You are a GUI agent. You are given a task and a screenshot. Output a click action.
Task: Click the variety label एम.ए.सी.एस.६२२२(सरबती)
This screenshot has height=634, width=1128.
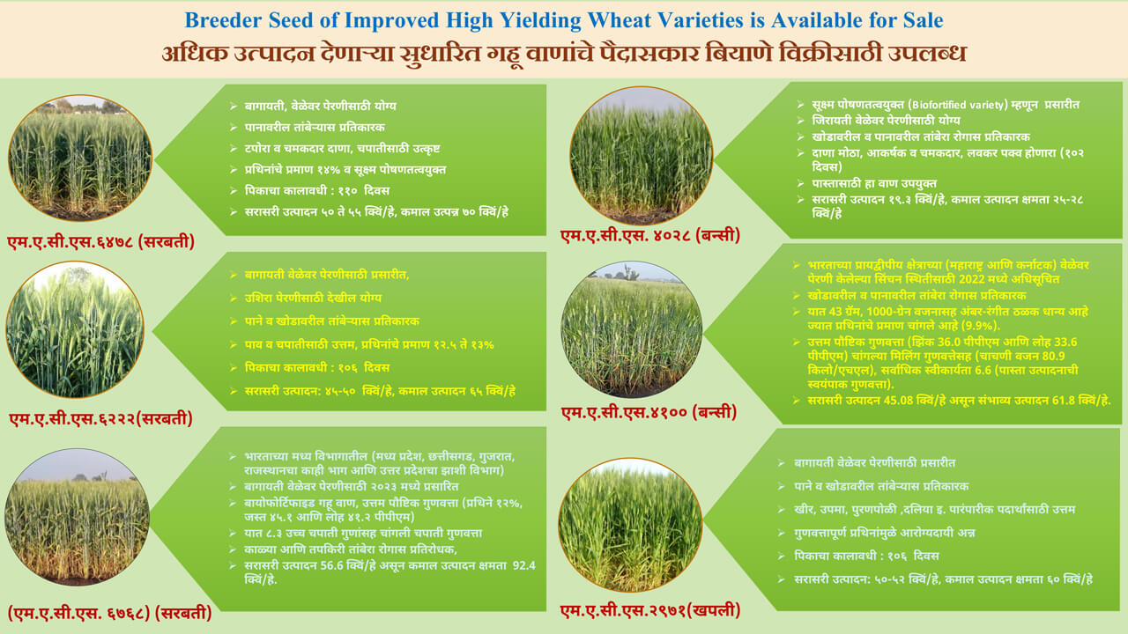click(x=100, y=419)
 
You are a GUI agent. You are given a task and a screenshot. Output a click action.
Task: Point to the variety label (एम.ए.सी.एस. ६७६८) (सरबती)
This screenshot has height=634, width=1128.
click(x=109, y=613)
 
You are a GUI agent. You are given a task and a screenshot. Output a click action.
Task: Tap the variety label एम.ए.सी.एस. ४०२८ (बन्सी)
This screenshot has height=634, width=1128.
click(x=650, y=236)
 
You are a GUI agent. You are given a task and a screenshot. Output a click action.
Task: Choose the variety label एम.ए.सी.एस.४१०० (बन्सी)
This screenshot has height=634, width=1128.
click(x=649, y=412)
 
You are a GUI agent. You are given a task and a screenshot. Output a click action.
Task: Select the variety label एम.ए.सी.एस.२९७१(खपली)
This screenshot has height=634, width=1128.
click(x=650, y=608)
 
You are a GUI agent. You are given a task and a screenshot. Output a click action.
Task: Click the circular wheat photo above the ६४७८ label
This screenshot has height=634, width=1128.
click(x=80, y=158)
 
